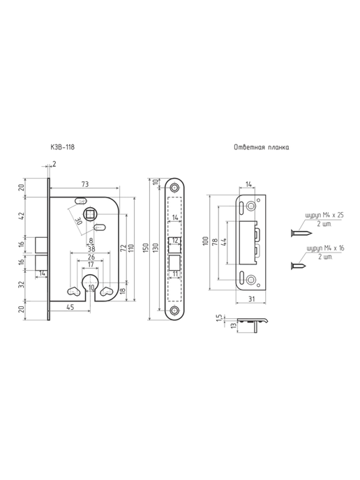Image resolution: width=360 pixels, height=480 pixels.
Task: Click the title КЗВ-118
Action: pos(63,147)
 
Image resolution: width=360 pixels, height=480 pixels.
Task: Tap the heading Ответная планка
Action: pos(262,147)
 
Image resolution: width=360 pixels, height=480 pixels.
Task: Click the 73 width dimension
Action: pos(85,184)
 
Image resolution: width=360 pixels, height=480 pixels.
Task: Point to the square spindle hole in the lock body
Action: pos(89,213)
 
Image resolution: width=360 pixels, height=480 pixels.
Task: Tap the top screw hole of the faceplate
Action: pos(175,188)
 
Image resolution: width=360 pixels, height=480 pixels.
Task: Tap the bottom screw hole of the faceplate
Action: pos(175,310)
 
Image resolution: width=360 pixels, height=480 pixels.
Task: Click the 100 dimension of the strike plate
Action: pos(206,241)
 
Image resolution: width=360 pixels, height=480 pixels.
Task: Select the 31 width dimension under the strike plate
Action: pos(251,299)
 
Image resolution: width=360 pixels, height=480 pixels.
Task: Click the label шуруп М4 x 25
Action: pos(324,215)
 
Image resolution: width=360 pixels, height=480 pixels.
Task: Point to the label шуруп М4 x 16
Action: pos(325,248)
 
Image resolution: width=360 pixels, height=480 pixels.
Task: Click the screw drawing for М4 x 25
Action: pos(301,234)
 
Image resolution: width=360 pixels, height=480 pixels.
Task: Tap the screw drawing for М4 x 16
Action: pos(299,266)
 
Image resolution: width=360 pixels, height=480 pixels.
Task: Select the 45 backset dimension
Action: pos(70,307)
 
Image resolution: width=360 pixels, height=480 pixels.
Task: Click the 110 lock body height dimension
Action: pos(131,248)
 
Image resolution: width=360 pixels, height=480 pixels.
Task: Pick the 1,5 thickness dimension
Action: pos(219,319)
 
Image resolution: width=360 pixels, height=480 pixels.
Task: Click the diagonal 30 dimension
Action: pos(80,221)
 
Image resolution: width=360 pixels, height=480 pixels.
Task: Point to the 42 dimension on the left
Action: pos(22,217)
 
